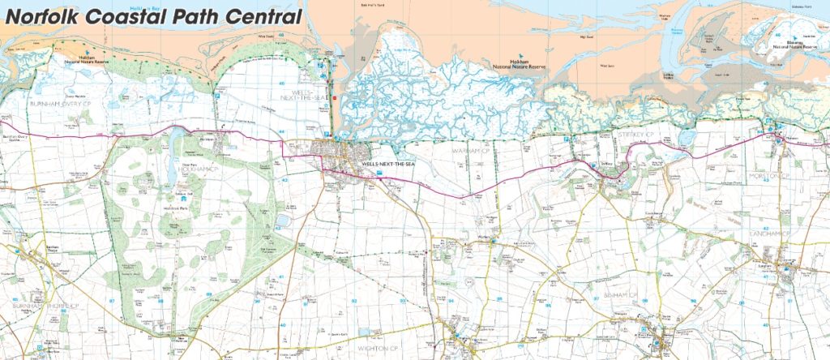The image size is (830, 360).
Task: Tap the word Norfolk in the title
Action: [49, 17]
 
